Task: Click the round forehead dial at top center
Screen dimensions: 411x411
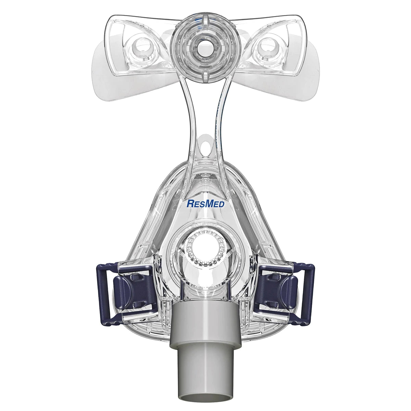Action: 197,45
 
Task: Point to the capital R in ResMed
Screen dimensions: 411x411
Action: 189,204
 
